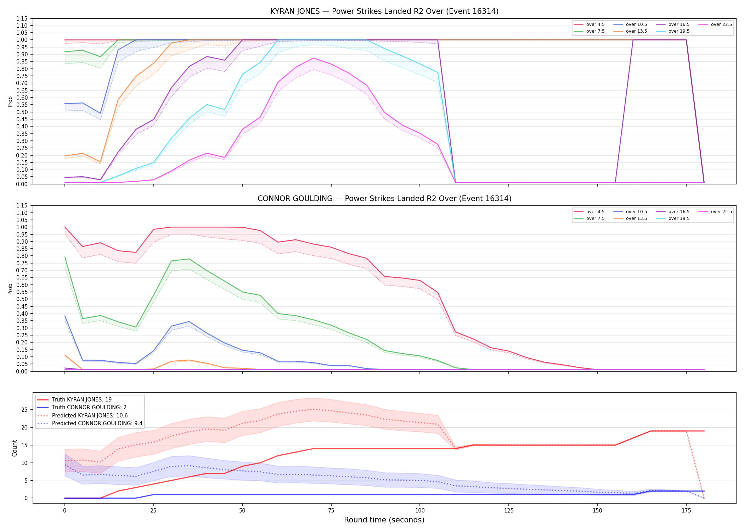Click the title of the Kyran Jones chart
[x=384, y=11]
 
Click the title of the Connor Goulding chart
[x=384, y=199]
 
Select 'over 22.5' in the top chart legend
[x=721, y=24]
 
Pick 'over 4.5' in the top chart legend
[x=595, y=24]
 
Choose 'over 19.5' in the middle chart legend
[x=679, y=218]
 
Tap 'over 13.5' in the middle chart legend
[x=636, y=218]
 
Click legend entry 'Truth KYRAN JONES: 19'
[x=82, y=400]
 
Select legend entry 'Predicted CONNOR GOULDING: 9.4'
[x=97, y=423]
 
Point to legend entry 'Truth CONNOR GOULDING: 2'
[x=89, y=408]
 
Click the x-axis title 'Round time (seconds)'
[x=384, y=520]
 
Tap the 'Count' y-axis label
[x=15, y=448]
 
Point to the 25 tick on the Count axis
[x=24, y=410]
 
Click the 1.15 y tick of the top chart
[x=22, y=18]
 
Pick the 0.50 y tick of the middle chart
[x=22, y=299]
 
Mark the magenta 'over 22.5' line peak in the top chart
[x=313, y=58]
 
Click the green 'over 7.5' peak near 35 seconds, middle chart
[x=189, y=259]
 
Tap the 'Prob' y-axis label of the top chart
[x=10, y=102]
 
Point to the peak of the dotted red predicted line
[x=313, y=409]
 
